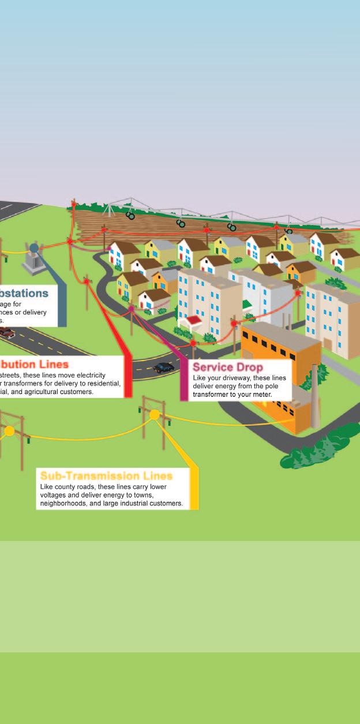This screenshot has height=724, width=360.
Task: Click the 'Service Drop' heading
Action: [227, 367]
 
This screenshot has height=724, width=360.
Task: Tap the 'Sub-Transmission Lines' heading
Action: [106, 476]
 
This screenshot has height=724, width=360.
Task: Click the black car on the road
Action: [164, 367]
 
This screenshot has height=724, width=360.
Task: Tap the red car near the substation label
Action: [6, 333]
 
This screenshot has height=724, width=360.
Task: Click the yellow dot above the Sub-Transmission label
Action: [154, 415]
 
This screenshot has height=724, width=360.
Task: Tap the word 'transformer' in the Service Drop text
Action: [216, 394]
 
